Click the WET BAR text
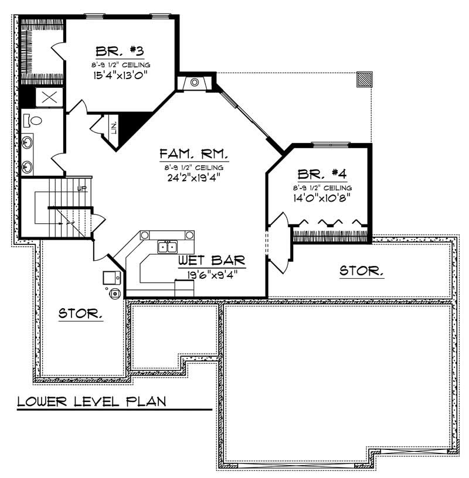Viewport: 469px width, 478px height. click(204, 260)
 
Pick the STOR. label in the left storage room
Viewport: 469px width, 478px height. click(81, 313)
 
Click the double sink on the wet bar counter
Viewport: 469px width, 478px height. click(166, 247)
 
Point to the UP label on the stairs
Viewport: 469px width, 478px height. click(81, 189)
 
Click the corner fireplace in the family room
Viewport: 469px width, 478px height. click(194, 81)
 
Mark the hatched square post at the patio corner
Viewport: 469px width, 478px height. click(365, 79)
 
